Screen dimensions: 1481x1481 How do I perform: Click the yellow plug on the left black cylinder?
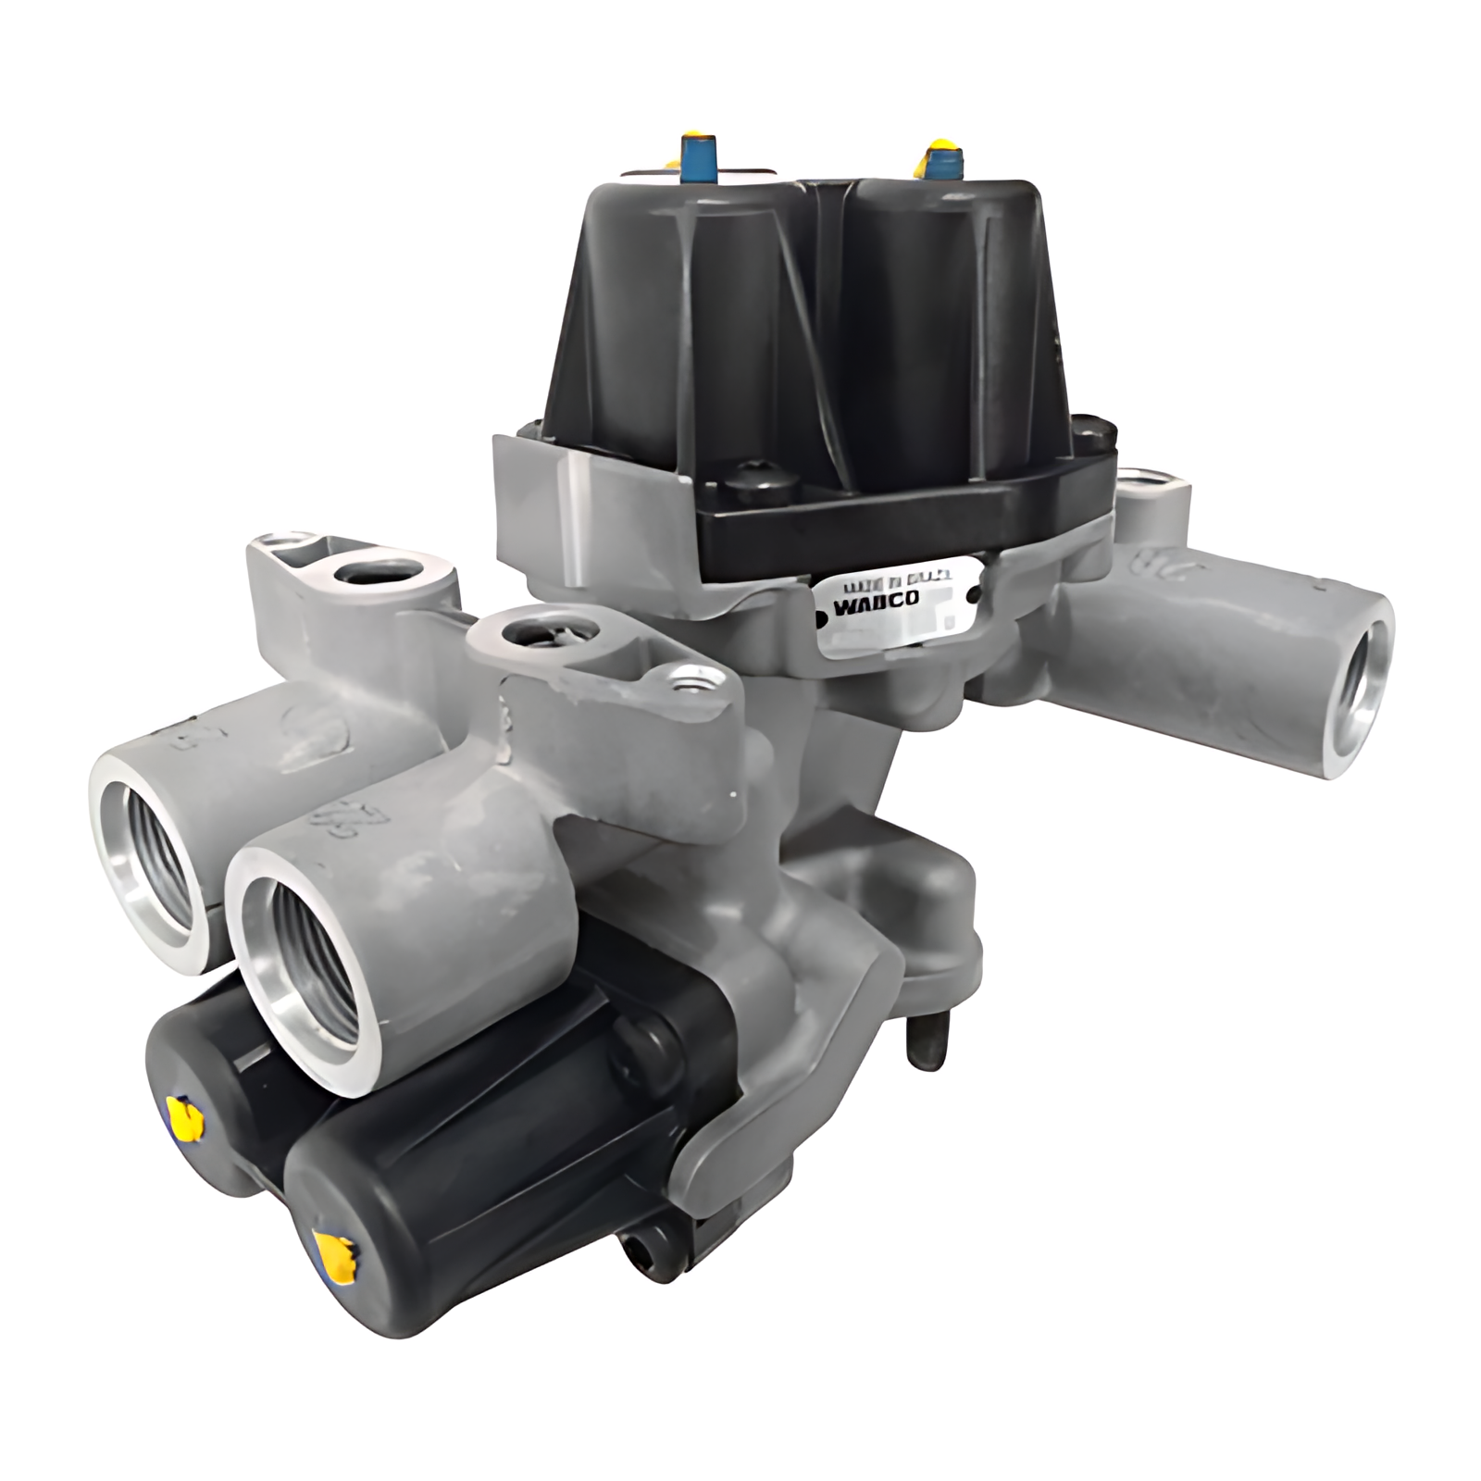point(186,1114)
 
